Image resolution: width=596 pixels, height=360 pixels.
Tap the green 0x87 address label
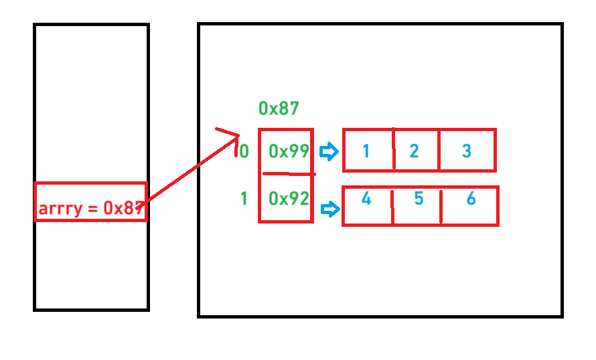pyautogui.click(x=278, y=108)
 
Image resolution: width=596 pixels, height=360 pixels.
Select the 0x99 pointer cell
pyautogui.click(x=288, y=151)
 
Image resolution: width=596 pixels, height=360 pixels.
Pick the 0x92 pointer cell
pyautogui.click(x=288, y=199)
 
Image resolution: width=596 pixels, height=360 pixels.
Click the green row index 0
pyautogui.click(x=244, y=152)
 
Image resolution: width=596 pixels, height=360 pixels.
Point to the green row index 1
pyautogui.click(x=244, y=199)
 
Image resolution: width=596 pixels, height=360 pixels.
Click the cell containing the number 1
pyautogui.click(x=366, y=151)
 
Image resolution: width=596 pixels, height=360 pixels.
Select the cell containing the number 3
pyautogui.click(x=467, y=151)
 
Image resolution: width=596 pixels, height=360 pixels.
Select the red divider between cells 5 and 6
pyautogui.click(x=441, y=206)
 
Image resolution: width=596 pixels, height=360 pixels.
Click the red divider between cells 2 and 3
pyautogui.click(x=439, y=151)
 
